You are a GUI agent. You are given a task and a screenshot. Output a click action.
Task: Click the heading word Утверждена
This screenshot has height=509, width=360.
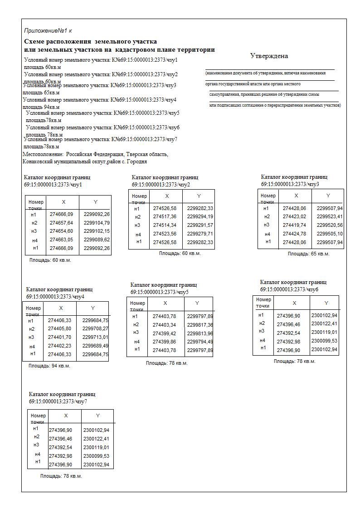point(269,56)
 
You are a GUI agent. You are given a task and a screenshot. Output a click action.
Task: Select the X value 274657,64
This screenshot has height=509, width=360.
point(61,223)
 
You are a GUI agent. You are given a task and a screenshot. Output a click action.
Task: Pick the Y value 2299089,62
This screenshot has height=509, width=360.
point(97,240)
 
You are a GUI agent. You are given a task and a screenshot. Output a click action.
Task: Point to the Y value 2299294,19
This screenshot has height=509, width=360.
point(200,217)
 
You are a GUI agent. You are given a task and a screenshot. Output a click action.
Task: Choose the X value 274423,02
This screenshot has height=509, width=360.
point(294,217)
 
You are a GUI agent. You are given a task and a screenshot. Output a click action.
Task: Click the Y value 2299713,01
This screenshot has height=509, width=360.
point(95,337)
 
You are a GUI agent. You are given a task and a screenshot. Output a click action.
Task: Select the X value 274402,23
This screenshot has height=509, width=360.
point(59,346)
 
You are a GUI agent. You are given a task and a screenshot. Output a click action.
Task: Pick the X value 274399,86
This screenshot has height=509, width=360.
point(164,341)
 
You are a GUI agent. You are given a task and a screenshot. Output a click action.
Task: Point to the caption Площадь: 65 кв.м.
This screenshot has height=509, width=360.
point(308,254)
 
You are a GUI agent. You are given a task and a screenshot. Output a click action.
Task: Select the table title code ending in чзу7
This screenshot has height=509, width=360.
point(58,401)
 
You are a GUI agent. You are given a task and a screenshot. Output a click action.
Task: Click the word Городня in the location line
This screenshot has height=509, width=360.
point(137,162)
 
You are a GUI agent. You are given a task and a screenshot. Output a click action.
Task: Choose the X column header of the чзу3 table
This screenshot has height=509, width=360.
point(296,196)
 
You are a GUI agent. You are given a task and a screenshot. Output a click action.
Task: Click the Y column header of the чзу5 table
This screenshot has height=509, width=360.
point(197,303)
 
